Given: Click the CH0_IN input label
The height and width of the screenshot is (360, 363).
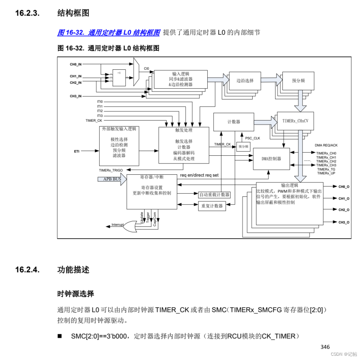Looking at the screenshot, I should pos(76,64).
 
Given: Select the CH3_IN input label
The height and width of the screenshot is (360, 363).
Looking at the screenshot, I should pos(76,96).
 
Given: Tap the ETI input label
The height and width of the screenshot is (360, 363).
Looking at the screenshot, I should pos(77,151).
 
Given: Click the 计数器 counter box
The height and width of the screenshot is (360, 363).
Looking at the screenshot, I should pos(234,122).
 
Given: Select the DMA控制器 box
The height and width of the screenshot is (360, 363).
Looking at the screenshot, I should pos(271,159).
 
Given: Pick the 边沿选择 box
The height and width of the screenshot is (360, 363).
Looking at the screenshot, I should pos(245,81).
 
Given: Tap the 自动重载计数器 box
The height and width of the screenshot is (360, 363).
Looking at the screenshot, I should pos(214,195).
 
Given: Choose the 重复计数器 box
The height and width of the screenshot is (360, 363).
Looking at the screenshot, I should pos(212,206).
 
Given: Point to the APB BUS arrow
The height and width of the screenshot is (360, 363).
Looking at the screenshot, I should pos(112,179).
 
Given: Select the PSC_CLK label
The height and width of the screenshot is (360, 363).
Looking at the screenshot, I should pos(253,138).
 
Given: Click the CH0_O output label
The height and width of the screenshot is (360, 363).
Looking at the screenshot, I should pos(344,187).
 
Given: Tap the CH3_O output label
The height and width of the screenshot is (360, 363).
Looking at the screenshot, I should pos(344,222).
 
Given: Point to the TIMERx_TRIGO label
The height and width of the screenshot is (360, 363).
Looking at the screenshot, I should pos(111,170).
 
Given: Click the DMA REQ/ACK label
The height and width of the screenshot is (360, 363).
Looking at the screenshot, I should pos(326,145).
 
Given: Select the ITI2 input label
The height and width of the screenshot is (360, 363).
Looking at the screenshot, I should pos(100,111).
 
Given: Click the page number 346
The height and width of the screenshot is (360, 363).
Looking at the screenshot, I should pos(325,347).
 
